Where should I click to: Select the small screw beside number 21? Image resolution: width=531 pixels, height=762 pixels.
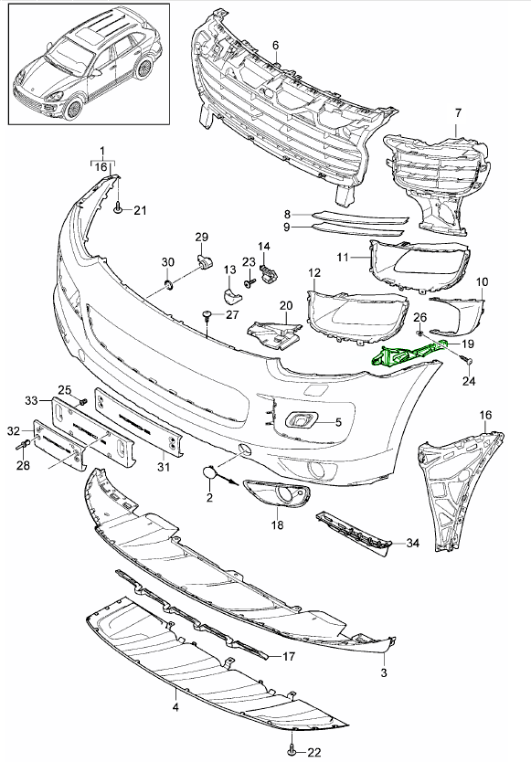119,211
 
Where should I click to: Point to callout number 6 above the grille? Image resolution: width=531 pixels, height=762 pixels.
275,45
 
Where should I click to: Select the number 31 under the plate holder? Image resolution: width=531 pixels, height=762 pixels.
164,469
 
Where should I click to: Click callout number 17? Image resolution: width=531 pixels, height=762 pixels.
288,655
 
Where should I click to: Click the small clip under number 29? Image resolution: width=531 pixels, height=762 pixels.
204,264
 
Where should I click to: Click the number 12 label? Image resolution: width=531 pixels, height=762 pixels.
313,272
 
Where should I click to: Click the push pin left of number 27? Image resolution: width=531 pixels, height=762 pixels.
210,316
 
